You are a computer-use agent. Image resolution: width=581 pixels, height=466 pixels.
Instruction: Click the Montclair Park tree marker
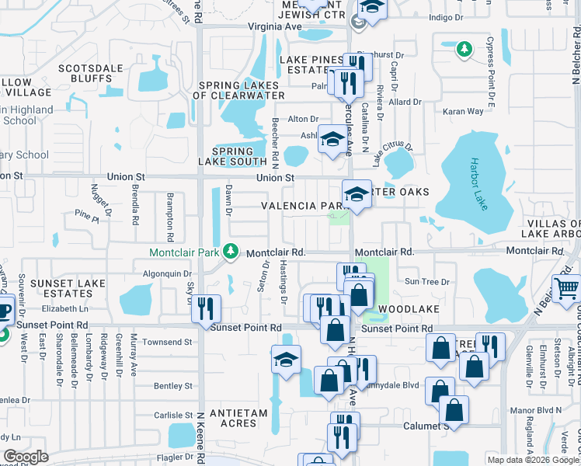(230, 251)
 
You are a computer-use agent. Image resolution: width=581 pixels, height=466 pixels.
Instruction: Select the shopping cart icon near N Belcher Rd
(566, 288)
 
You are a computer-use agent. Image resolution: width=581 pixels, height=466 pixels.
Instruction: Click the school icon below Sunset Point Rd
(286, 360)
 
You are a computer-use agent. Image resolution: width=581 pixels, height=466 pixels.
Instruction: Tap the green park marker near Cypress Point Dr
(464, 50)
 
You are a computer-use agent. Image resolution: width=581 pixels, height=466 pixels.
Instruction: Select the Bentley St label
(173, 385)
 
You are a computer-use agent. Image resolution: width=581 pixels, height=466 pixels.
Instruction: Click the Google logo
(26, 457)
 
